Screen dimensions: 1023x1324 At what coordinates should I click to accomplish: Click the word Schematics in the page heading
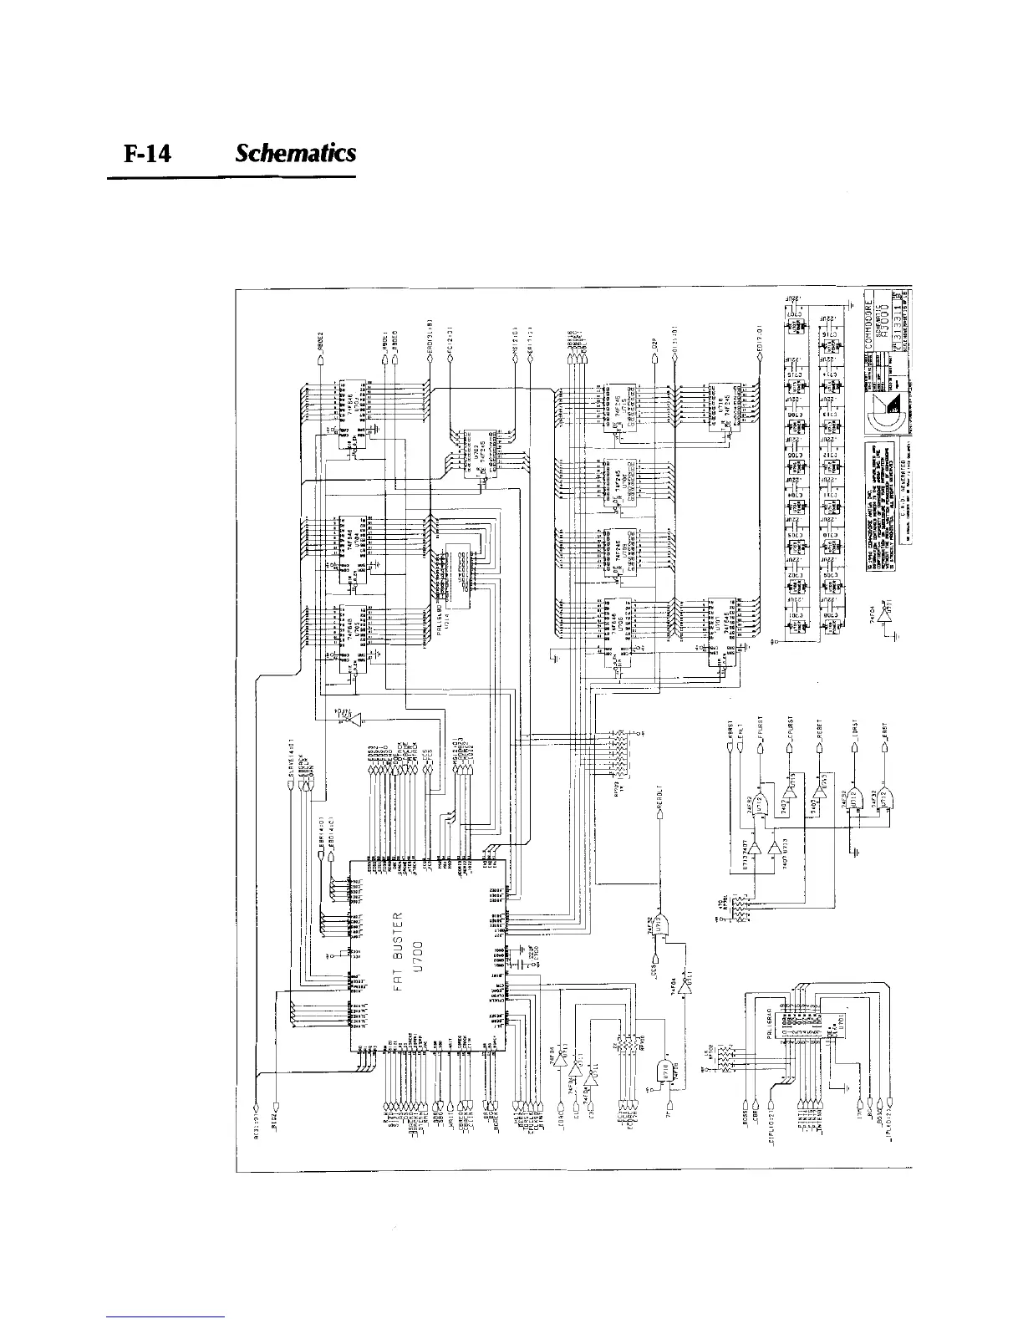(296, 154)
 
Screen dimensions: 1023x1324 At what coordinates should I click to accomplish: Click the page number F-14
(147, 155)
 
